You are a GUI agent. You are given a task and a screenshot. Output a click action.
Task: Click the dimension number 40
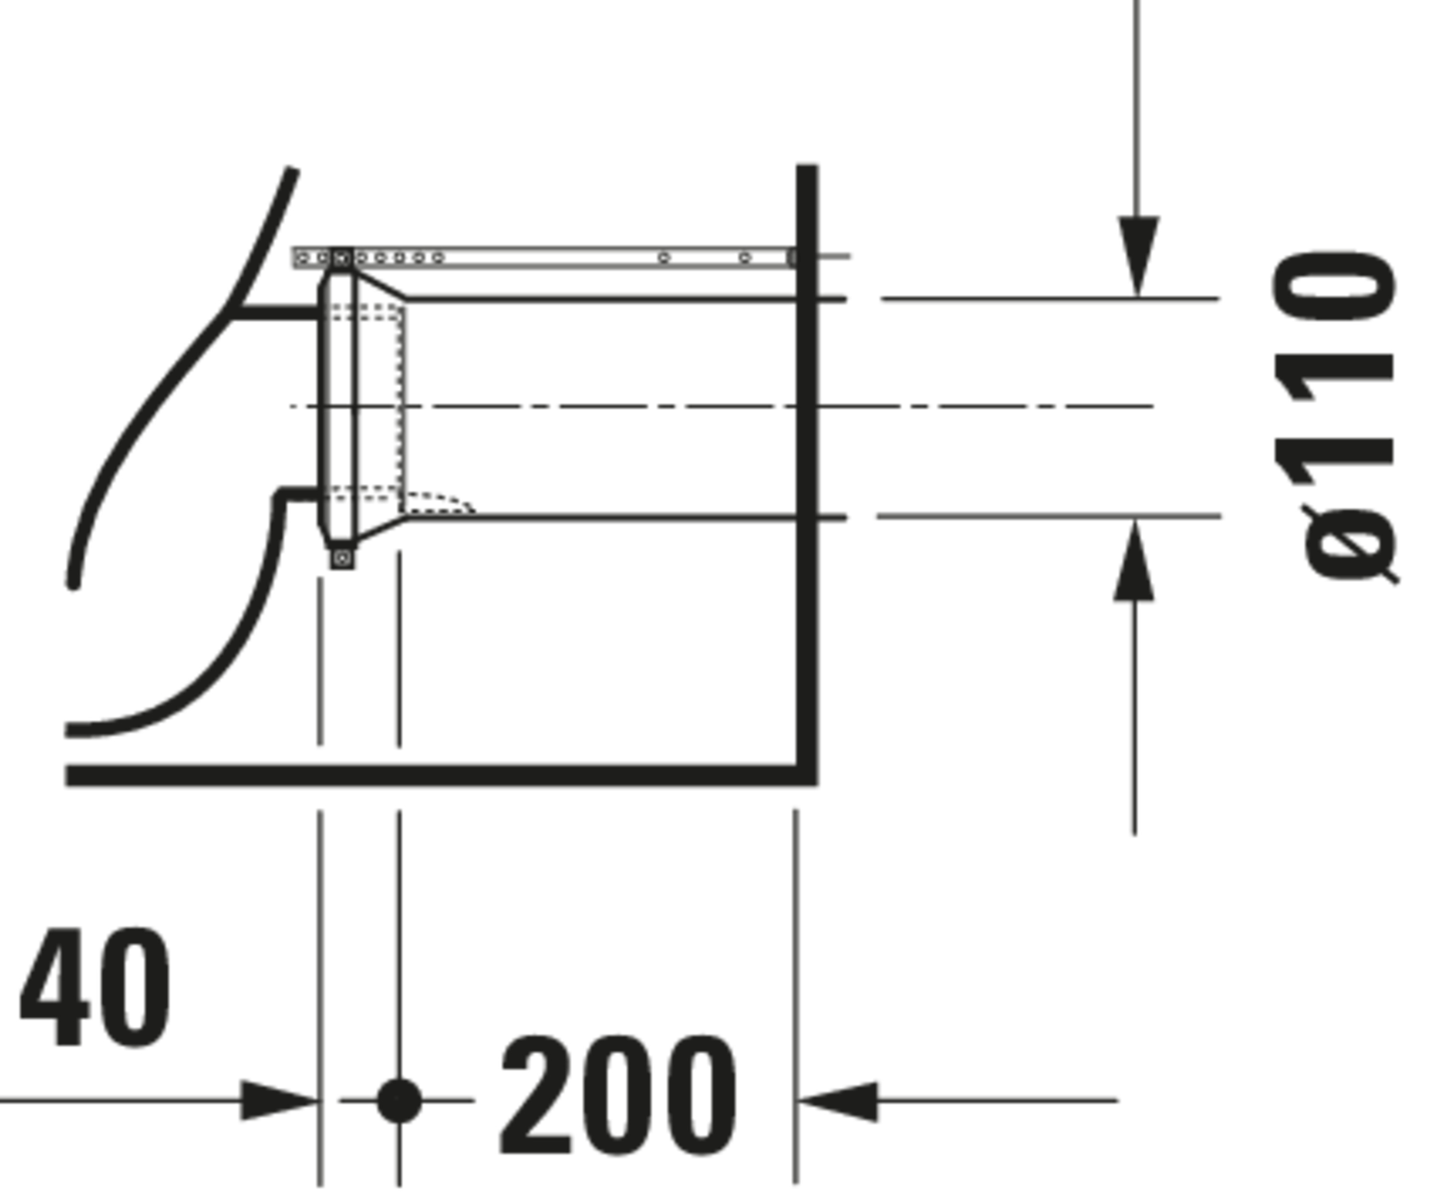[95, 988]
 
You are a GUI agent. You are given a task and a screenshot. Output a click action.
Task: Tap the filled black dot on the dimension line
[399, 1101]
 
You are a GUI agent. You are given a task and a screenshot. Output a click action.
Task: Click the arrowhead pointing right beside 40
[279, 1101]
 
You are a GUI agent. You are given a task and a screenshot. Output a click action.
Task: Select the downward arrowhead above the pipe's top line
[1138, 256]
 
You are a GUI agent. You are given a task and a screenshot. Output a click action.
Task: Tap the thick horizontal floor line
[441, 776]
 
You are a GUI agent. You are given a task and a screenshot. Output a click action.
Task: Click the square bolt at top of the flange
[342, 258]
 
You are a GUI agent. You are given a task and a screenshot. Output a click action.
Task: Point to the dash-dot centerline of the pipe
[722, 407]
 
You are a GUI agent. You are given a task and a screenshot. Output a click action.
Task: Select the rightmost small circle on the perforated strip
[745, 258]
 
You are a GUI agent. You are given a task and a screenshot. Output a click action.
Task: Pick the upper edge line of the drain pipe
[626, 299]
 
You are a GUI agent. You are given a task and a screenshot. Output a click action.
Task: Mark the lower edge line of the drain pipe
[626, 518]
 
